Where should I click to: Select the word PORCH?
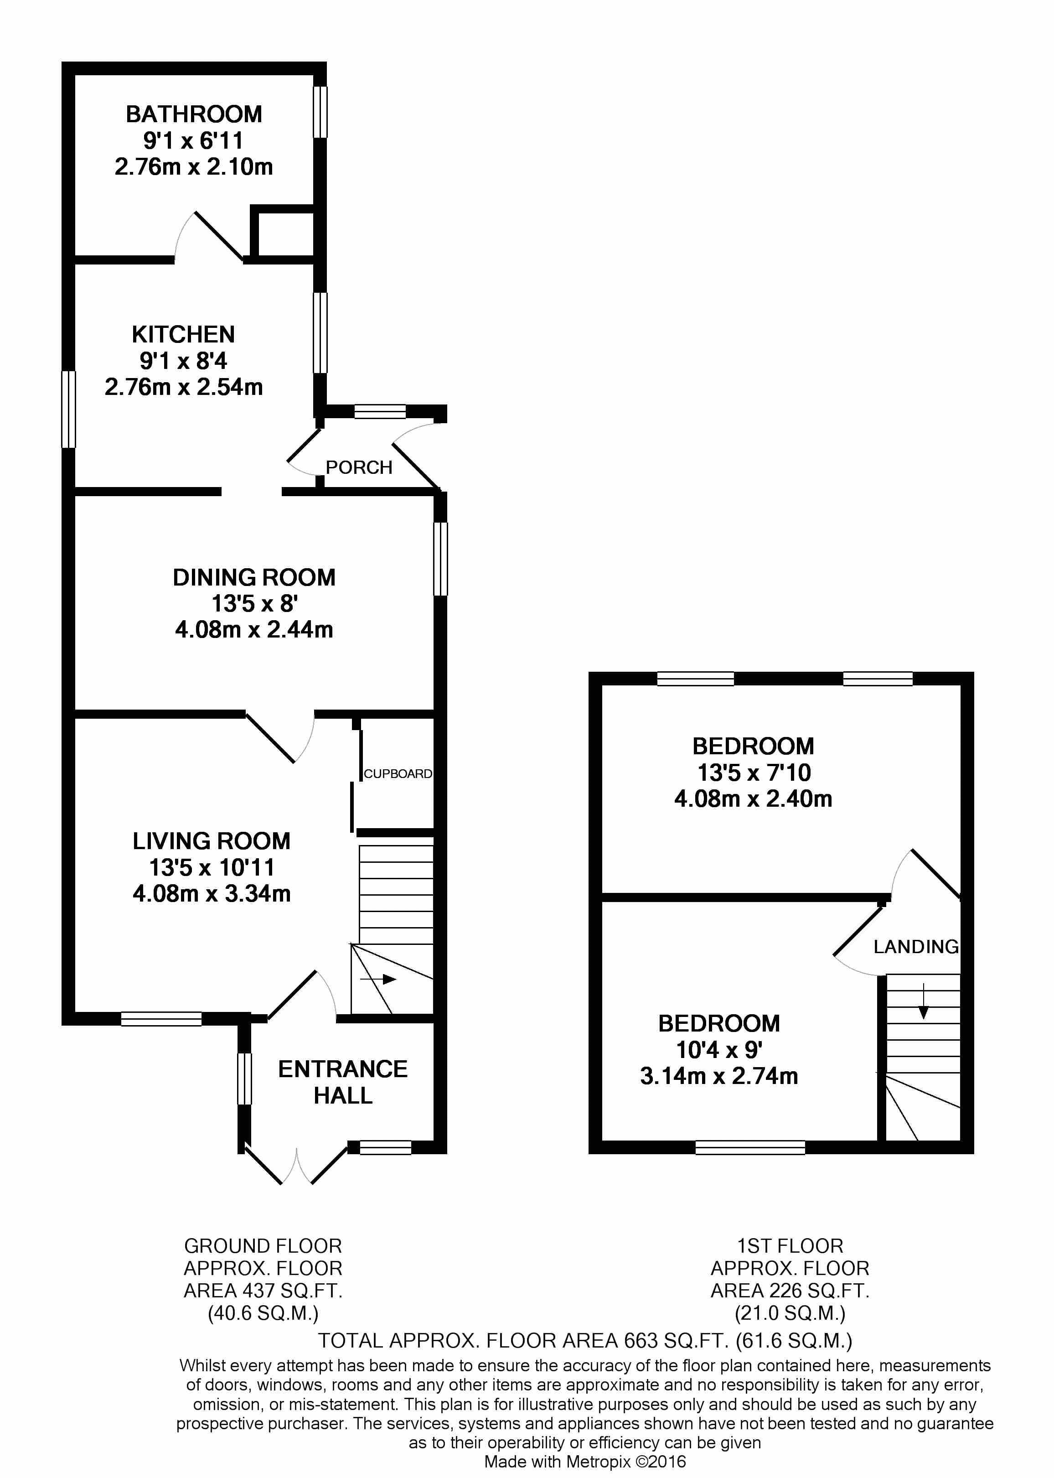(x=359, y=467)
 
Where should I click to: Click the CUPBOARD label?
(x=397, y=774)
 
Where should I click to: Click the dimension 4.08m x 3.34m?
(x=212, y=894)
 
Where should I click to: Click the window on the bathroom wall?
(x=320, y=112)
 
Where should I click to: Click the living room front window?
(x=161, y=1019)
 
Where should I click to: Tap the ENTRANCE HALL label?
(x=343, y=1082)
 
